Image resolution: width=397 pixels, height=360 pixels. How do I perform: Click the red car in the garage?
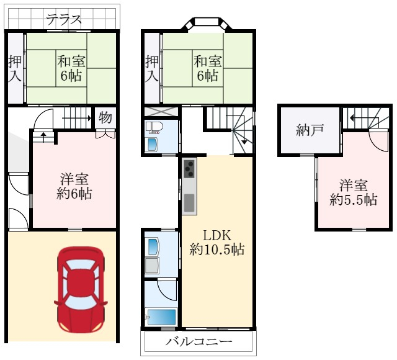click(x=80, y=289)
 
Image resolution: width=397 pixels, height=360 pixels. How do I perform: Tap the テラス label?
click(x=64, y=19)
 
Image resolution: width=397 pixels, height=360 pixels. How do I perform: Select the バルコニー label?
click(x=198, y=343)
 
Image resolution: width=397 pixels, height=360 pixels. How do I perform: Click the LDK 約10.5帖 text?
click(x=216, y=243)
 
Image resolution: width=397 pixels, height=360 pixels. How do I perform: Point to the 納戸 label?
click(x=308, y=130)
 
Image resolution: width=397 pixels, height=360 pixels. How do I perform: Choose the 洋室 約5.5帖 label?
click(x=352, y=193)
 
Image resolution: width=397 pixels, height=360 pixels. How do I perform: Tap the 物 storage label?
click(x=105, y=117)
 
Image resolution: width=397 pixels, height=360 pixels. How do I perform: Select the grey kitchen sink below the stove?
click(x=189, y=202)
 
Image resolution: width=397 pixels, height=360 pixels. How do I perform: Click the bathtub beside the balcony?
click(x=161, y=317)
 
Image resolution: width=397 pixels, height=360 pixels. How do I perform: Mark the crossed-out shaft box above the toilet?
click(x=161, y=112)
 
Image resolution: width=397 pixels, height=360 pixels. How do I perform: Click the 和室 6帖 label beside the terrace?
click(x=73, y=68)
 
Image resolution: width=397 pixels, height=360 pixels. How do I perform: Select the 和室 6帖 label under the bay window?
click(x=208, y=68)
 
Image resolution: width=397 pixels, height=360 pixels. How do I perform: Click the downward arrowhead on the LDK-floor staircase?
click(x=245, y=142)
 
